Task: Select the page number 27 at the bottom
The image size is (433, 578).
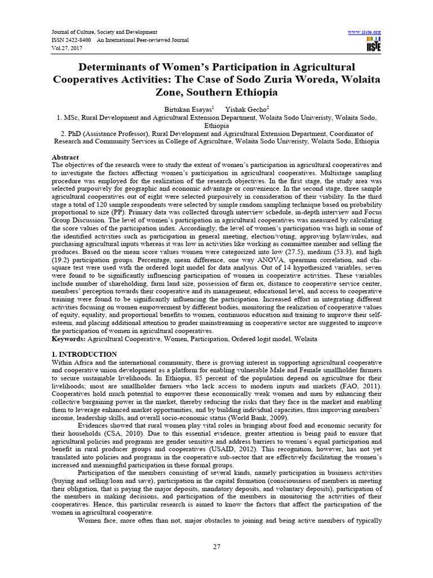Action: click(216, 547)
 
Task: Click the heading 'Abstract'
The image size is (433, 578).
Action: click(65, 157)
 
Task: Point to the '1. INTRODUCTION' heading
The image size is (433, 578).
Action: click(85, 354)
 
